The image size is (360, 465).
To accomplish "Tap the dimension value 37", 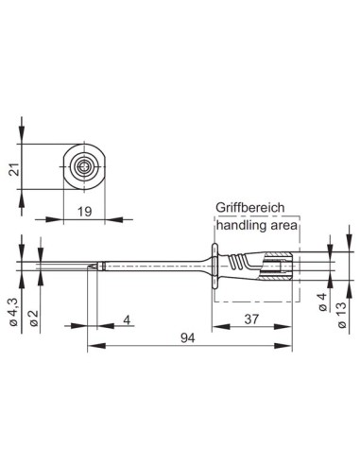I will click(x=251, y=320).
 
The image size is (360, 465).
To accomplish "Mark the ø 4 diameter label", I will click(x=322, y=303).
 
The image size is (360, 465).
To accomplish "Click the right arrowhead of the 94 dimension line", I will click(x=296, y=345).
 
